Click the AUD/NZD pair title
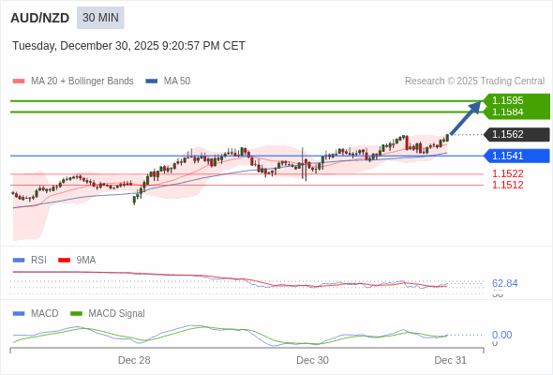coord(39,18)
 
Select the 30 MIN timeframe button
coord(100,18)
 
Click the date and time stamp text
coord(128,46)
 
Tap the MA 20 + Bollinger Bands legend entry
coord(81,82)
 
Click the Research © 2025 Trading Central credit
coord(474,82)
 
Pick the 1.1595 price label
coord(508,100)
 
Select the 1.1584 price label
coord(508,112)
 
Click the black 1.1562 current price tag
coord(508,134)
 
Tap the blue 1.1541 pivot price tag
coord(508,156)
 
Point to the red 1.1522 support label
coord(508,173)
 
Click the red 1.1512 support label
coord(508,185)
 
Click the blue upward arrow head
coord(476,106)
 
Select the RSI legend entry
coord(37,260)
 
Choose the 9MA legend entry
coord(85,260)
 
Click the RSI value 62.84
coord(504,283)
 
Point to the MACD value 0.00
coord(501,335)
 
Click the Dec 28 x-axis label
coord(134,360)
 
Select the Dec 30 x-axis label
coord(312,360)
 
